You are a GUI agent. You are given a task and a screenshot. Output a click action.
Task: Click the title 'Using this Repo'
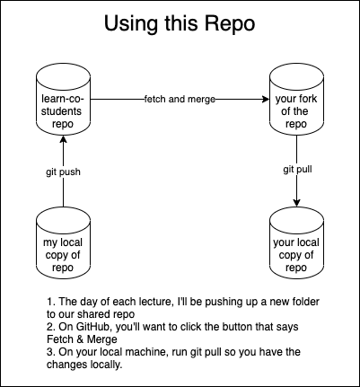180,23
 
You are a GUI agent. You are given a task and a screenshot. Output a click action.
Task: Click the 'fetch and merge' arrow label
180,98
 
